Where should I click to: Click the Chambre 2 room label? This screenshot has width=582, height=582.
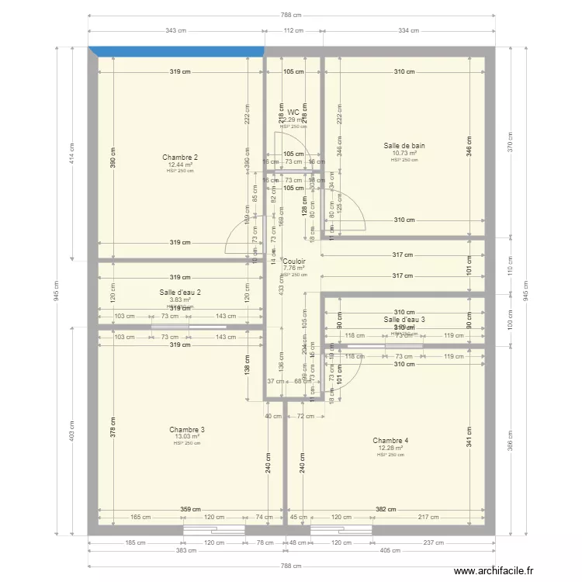180,158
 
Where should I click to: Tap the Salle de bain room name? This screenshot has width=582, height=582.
404,146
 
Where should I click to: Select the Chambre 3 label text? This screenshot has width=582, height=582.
187,429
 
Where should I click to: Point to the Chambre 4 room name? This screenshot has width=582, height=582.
390,441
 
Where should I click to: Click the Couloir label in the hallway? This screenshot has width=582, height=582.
294,262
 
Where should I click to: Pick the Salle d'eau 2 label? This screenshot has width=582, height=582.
180,292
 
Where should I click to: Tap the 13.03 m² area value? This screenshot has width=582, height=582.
187,436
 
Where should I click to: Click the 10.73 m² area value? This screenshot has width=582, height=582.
404,153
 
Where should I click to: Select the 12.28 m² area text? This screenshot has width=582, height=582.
390,448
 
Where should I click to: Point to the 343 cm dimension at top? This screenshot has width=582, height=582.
176,31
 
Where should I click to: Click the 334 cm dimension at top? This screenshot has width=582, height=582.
408,31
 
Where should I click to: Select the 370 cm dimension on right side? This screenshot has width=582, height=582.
511,144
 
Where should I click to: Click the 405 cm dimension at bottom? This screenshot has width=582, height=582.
390,550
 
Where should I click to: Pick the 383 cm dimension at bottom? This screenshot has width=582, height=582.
185,550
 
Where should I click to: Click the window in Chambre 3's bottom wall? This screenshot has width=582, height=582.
213,531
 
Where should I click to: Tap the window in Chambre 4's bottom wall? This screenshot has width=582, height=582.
341,531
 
